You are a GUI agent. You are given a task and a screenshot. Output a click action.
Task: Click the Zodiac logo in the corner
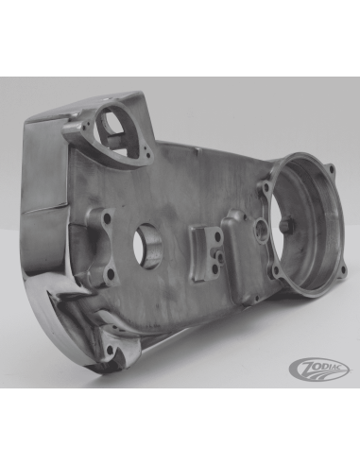(318, 367)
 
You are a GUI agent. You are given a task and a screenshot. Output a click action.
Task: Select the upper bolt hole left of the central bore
(108, 217)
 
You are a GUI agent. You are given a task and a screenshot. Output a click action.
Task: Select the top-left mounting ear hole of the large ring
(266, 188)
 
